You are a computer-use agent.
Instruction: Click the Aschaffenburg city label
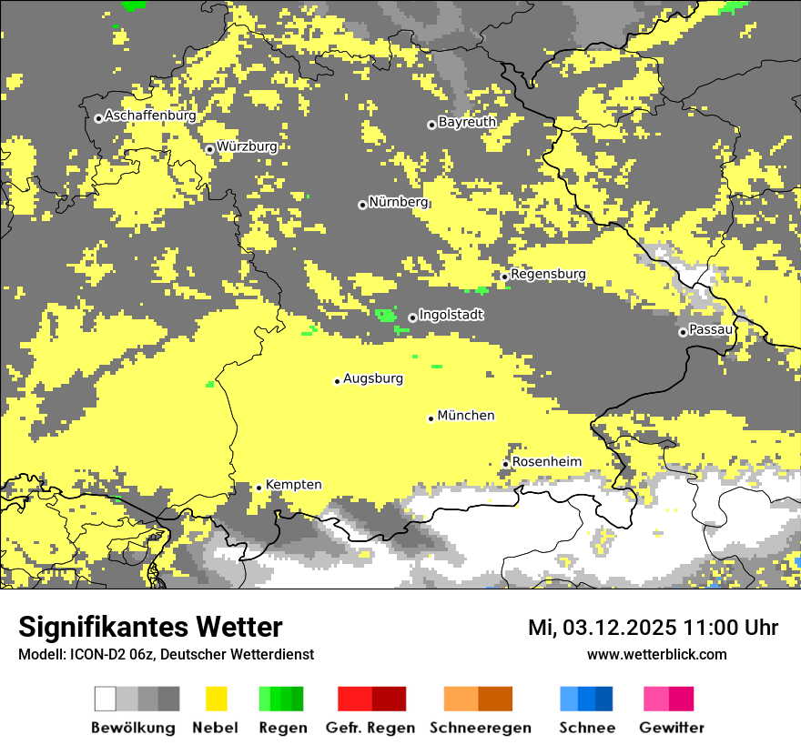(150, 116)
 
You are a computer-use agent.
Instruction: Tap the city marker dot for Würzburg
(209, 149)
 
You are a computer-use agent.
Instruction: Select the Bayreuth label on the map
(467, 122)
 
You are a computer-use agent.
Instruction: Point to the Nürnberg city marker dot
(362, 205)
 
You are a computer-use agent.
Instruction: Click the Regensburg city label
(548, 274)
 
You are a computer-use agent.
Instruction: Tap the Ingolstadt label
(451, 315)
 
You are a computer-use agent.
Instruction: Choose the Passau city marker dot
(683, 332)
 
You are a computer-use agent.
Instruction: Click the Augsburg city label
(373, 378)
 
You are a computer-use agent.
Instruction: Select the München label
(466, 416)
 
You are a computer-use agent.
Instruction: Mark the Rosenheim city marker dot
(505, 464)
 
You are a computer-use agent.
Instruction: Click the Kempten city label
(293, 485)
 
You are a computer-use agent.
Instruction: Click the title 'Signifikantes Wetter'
(150, 628)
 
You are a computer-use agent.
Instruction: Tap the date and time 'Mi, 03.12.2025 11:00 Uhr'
(653, 628)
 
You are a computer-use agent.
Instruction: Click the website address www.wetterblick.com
(656, 654)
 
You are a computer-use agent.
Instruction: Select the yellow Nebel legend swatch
(216, 699)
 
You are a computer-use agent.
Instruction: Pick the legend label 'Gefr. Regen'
(370, 728)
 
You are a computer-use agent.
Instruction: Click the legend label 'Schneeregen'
(480, 728)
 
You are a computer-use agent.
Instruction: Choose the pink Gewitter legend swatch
(656, 699)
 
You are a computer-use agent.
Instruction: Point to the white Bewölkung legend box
(106, 699)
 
